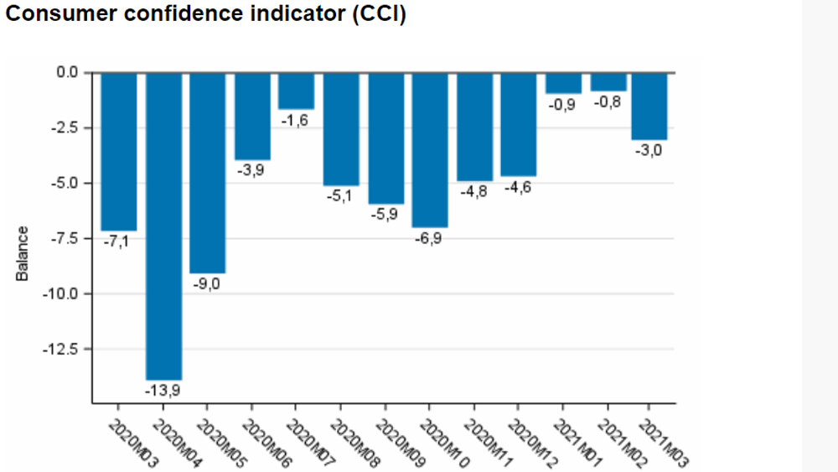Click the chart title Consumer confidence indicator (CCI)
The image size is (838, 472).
coord(205,15)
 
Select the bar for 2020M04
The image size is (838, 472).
coord(163,226)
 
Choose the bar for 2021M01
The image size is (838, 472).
coord(562,83)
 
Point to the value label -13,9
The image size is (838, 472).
coord(163,390)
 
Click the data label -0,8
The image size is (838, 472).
coord(608,102)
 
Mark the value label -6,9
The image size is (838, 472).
coord(428,238)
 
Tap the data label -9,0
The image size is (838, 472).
coord(207,284)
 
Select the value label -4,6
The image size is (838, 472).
coord(517,188)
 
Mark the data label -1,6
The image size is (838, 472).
coord(295,121)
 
